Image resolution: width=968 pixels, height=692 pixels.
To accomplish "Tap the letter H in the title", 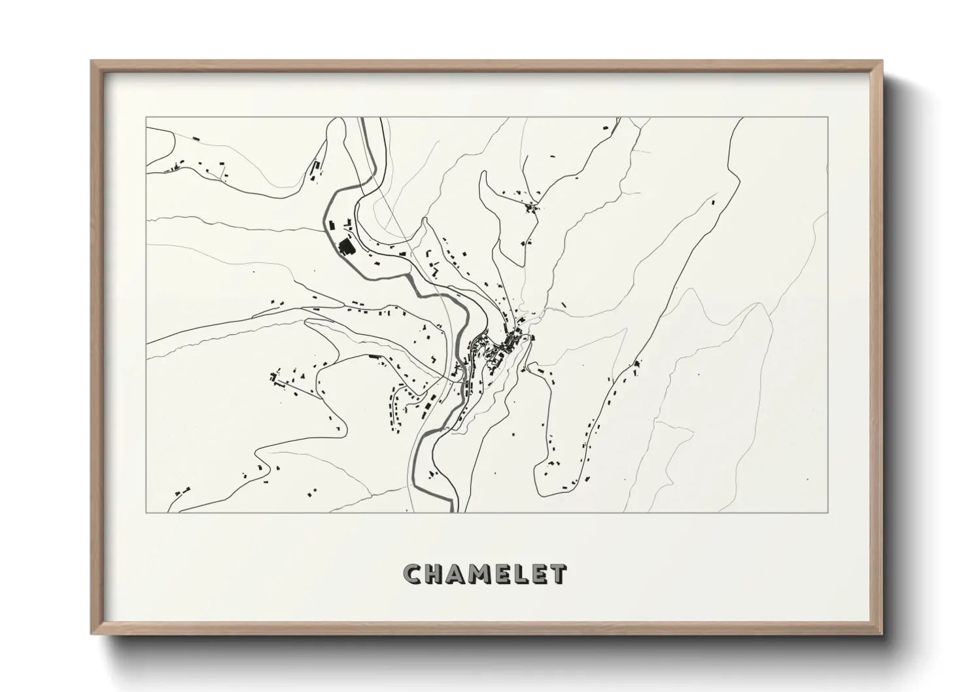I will (436, 574).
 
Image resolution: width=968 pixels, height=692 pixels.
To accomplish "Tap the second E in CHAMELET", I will (542, 574).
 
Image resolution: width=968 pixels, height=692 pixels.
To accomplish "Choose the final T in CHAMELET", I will (559, 574).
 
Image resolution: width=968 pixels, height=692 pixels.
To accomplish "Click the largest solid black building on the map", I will (345, 247).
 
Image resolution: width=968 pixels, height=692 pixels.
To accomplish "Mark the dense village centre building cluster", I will (504, 347).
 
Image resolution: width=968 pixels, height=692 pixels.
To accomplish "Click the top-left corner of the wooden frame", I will (92, 61).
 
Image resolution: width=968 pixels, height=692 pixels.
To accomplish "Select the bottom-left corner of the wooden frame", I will (92, 632).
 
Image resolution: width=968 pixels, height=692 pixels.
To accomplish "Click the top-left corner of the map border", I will (146, 117).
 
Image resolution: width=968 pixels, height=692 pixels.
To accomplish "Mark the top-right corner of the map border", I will (828, 117).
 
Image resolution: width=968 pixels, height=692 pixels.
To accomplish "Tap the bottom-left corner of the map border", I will (146, 512).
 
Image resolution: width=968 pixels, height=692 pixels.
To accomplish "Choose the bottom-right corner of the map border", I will (828, 512).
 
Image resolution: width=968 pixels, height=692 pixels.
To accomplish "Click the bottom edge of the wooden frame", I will (487, 631).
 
